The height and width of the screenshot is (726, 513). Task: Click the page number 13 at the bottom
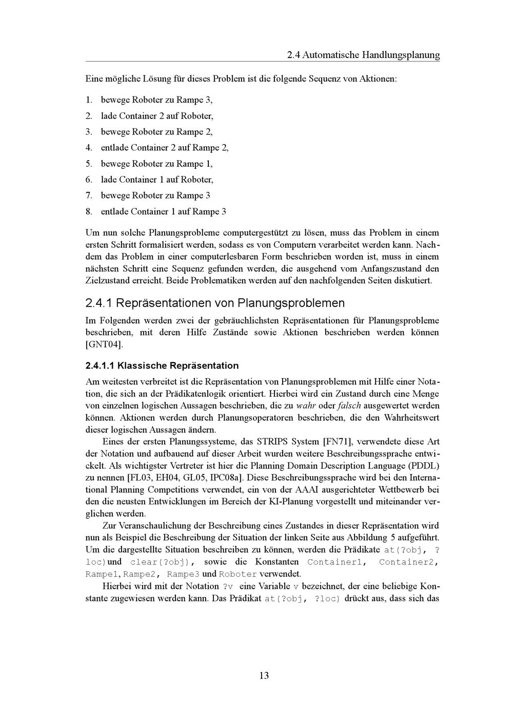click(x=264, y=675)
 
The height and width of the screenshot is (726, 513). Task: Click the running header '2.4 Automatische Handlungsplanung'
click(x=363, y=55)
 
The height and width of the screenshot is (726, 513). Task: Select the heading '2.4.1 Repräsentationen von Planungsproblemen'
click(x=215, y=303)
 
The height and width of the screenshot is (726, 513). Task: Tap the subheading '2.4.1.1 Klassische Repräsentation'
click(x=162, y=365)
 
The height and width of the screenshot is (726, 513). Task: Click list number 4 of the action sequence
click(x=89, y=148)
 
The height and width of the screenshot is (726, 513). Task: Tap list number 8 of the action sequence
click(x=89, y=211)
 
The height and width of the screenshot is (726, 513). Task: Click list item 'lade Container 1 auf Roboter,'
click(x=157, y=180)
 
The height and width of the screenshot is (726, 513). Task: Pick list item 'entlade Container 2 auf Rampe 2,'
click(x=165, y=148)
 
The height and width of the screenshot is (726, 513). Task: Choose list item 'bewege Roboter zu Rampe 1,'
click(x=156, y=164)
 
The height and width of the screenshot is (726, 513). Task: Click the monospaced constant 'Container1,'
click(x=337, y=562)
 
